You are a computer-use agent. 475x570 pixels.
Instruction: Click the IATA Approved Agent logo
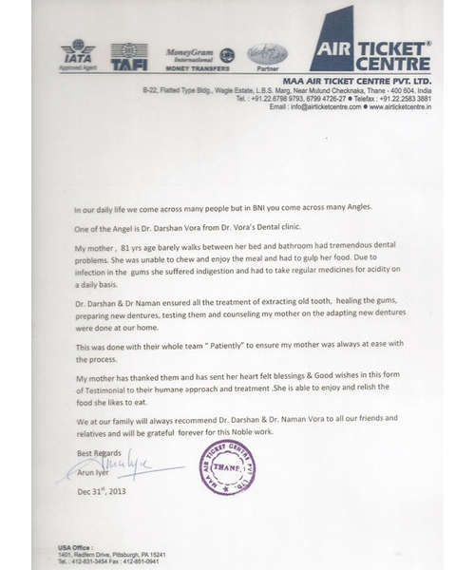click(78, 55)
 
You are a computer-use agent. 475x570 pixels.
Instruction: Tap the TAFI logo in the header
click(128, 56)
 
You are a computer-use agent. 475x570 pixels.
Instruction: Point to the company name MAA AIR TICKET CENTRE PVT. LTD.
click(361, 82)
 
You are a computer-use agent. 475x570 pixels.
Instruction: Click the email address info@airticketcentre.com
click(313, 107)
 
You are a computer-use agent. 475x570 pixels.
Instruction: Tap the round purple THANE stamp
click(227, 467)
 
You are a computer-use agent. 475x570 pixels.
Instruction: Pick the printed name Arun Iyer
click(93, 478)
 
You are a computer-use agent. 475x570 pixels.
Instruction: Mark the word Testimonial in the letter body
click(103, 390)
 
